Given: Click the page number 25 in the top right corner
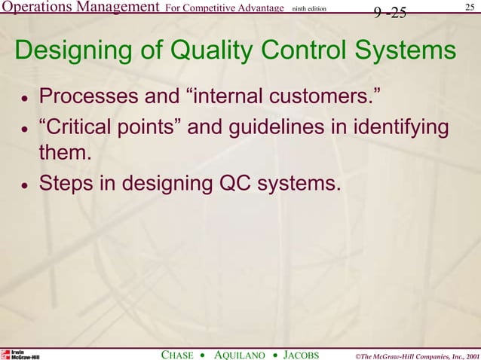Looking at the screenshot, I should point(470,8).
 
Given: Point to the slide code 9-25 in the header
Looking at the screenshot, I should point(390,12).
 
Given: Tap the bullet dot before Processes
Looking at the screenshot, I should point(24,99).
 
